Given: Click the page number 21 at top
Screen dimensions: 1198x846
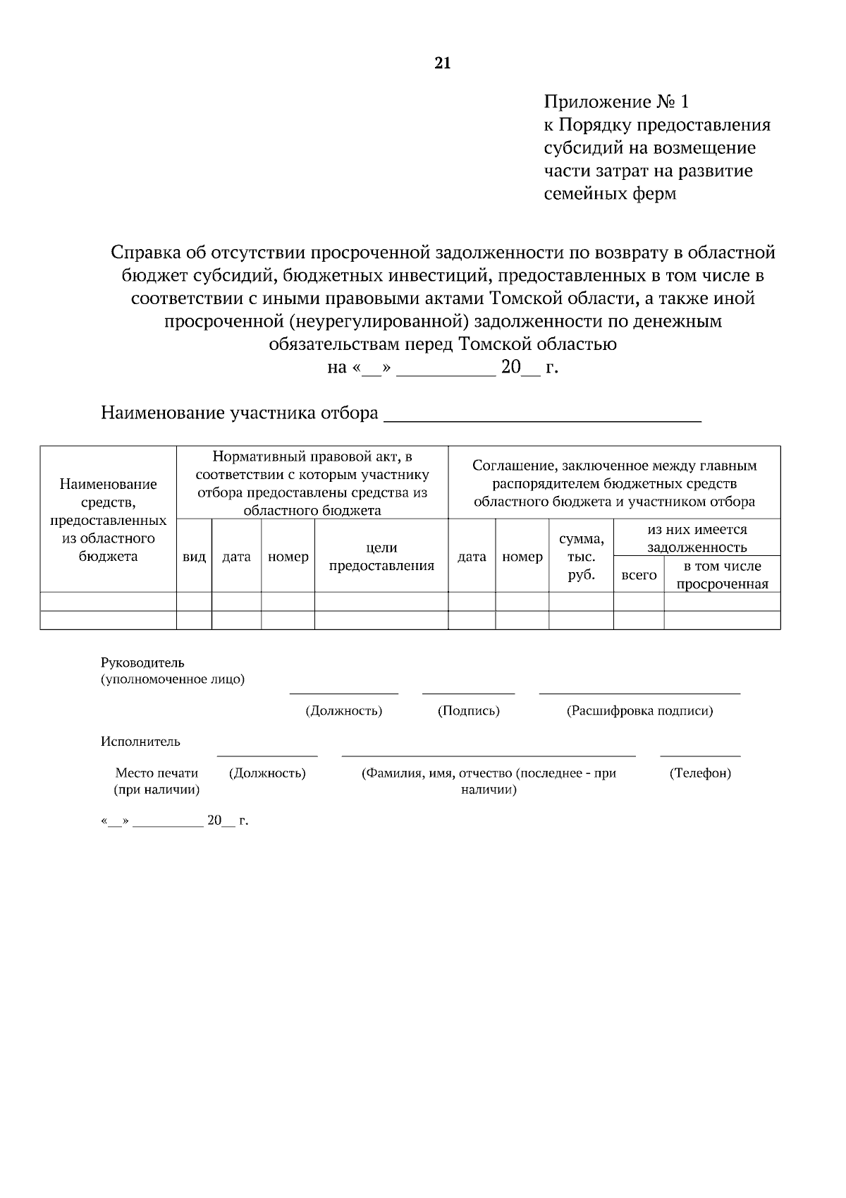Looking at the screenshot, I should point(442,64).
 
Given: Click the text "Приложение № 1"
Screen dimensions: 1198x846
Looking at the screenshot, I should point(616,102).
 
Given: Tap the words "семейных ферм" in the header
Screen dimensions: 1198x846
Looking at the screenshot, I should point(610,193).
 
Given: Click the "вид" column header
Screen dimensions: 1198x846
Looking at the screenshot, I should point(194,557).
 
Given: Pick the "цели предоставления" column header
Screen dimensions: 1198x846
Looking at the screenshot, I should point(381,556).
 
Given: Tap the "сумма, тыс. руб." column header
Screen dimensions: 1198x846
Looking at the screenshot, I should point(581,557).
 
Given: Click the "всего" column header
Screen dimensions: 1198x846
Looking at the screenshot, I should point(639,575).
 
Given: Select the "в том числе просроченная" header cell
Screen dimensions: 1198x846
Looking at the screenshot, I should point(722,575).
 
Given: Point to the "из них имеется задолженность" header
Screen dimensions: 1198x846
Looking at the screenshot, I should point(697,538).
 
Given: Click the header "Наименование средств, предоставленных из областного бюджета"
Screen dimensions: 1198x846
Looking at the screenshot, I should point(108,520).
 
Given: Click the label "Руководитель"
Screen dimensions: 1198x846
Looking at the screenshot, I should point(142,662).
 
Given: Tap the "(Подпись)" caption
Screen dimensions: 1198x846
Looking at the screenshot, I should point(468,710).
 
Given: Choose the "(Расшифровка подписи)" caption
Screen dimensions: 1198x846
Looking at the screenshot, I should point(639,710).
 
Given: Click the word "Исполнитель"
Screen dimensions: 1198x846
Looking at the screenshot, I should point(140,742).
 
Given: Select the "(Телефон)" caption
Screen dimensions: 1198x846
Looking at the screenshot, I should point(699,773).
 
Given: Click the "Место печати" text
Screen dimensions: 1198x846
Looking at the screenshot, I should point(157,773).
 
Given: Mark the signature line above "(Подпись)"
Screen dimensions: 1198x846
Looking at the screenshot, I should point(468,694).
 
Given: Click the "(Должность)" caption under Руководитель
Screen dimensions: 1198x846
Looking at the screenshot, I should point(343,710).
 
